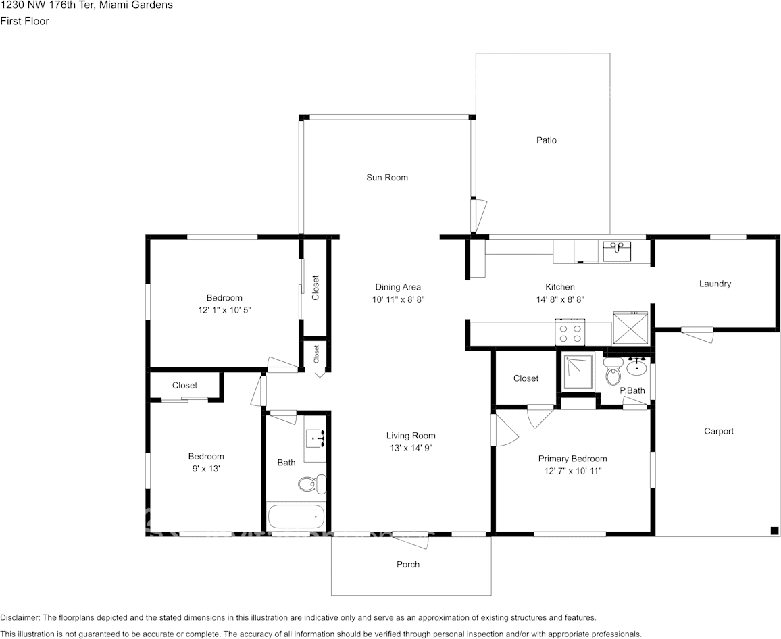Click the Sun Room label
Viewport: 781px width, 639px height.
click(x=387, y=177)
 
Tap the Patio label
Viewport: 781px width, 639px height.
click(x=547, y=140)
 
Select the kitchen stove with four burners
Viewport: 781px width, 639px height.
click(x=570, y=332)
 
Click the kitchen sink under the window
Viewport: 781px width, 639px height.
click(x=617, y=251)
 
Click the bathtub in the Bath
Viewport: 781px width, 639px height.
click(x=296, y=517)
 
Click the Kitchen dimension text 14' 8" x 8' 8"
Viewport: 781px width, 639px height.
click(x=560, y=299)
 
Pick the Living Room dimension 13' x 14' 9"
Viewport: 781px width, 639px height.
click(x=411, y=448)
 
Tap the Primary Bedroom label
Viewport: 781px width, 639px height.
click(x=572, y=459)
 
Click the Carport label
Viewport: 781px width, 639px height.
click(x=719, y=432)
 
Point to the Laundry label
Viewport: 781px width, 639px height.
click(x=715, y=284)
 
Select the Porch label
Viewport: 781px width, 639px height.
click(x=408, y=564)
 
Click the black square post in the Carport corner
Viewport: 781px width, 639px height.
click(x=774, y=530)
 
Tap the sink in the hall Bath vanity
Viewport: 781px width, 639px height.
click(x=316, y=438)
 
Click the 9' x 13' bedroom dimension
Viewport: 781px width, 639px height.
click(x=205, y=469)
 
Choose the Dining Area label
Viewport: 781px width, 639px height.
click(x=398, y=287)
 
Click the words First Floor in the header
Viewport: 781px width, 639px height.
click(x=25, y=21)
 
